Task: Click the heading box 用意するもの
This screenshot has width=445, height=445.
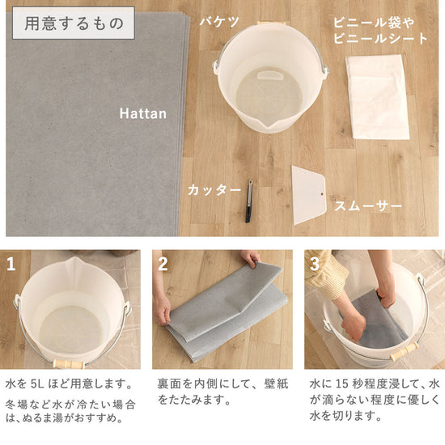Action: coord(73,23)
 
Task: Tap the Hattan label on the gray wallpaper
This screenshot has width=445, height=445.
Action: coord(143,114)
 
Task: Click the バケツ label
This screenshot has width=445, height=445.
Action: coord(219,22)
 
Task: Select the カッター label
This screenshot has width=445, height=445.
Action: coord(214,190)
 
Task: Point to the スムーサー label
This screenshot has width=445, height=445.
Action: coord(368,206)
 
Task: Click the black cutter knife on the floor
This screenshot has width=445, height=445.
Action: coord(249,201)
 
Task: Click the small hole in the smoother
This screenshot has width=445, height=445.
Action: coord(322,194)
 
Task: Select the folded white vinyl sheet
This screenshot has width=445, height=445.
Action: coord(377,97)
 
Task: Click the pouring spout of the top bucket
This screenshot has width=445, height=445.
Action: coord(269,125)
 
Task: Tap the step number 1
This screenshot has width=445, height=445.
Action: coord(11,265)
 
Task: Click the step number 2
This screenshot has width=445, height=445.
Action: coord(163,265)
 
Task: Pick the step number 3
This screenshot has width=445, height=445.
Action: coord(315,264)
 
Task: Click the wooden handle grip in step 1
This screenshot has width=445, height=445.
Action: coord(69,364)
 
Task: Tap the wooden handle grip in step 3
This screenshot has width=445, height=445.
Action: coord(404,351)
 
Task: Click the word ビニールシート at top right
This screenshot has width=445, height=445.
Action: coord(380,39)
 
